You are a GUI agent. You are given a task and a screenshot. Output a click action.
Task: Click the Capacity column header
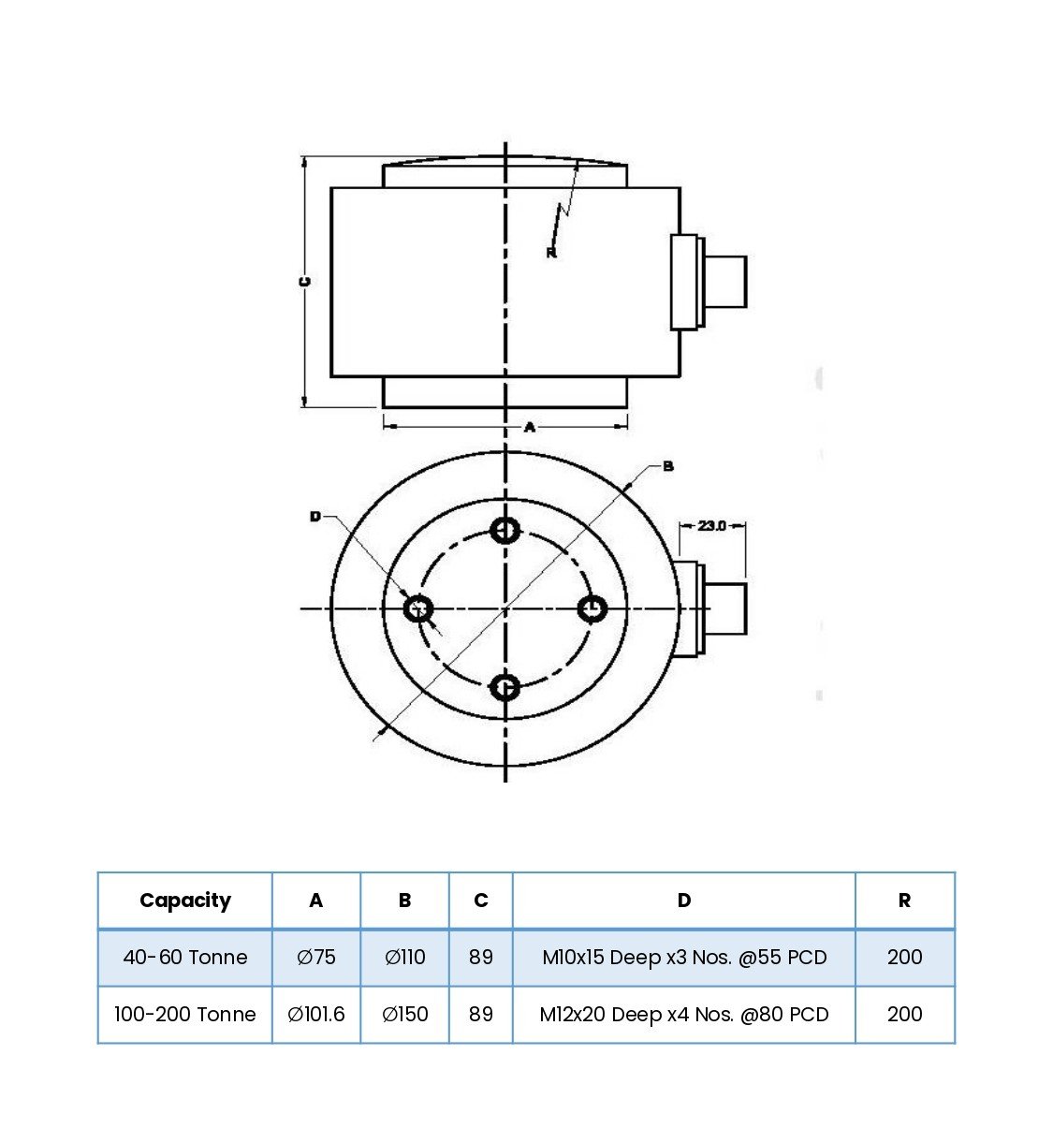184,901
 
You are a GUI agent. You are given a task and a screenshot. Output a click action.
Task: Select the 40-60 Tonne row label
184,958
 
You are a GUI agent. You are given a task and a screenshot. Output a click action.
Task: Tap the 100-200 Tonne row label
184,1015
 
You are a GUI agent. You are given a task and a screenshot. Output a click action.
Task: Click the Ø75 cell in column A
315,958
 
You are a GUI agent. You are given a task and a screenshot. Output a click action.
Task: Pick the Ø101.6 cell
315,1015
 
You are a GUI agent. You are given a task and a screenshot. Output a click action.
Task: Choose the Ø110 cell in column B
404,958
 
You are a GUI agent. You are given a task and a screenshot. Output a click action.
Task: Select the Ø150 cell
404,1015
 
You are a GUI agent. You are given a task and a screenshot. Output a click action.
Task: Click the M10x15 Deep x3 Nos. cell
683,958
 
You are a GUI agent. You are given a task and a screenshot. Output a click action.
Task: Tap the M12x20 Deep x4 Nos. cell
683,1015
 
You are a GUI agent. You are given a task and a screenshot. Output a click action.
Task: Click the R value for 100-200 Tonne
904,1015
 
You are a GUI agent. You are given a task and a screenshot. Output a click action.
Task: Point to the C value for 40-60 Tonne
480,958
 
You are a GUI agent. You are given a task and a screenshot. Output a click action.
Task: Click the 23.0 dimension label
711,526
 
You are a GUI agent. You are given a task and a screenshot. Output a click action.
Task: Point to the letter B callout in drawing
668,466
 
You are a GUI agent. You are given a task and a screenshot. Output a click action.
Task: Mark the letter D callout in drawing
315,517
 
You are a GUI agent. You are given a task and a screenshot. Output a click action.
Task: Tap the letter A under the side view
529,427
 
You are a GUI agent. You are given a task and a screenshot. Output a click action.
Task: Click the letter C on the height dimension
304,282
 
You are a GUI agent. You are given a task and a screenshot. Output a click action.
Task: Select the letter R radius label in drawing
550,253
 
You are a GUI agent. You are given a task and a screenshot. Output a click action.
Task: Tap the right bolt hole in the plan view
592,609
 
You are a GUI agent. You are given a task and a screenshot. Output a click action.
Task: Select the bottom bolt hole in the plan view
505,688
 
